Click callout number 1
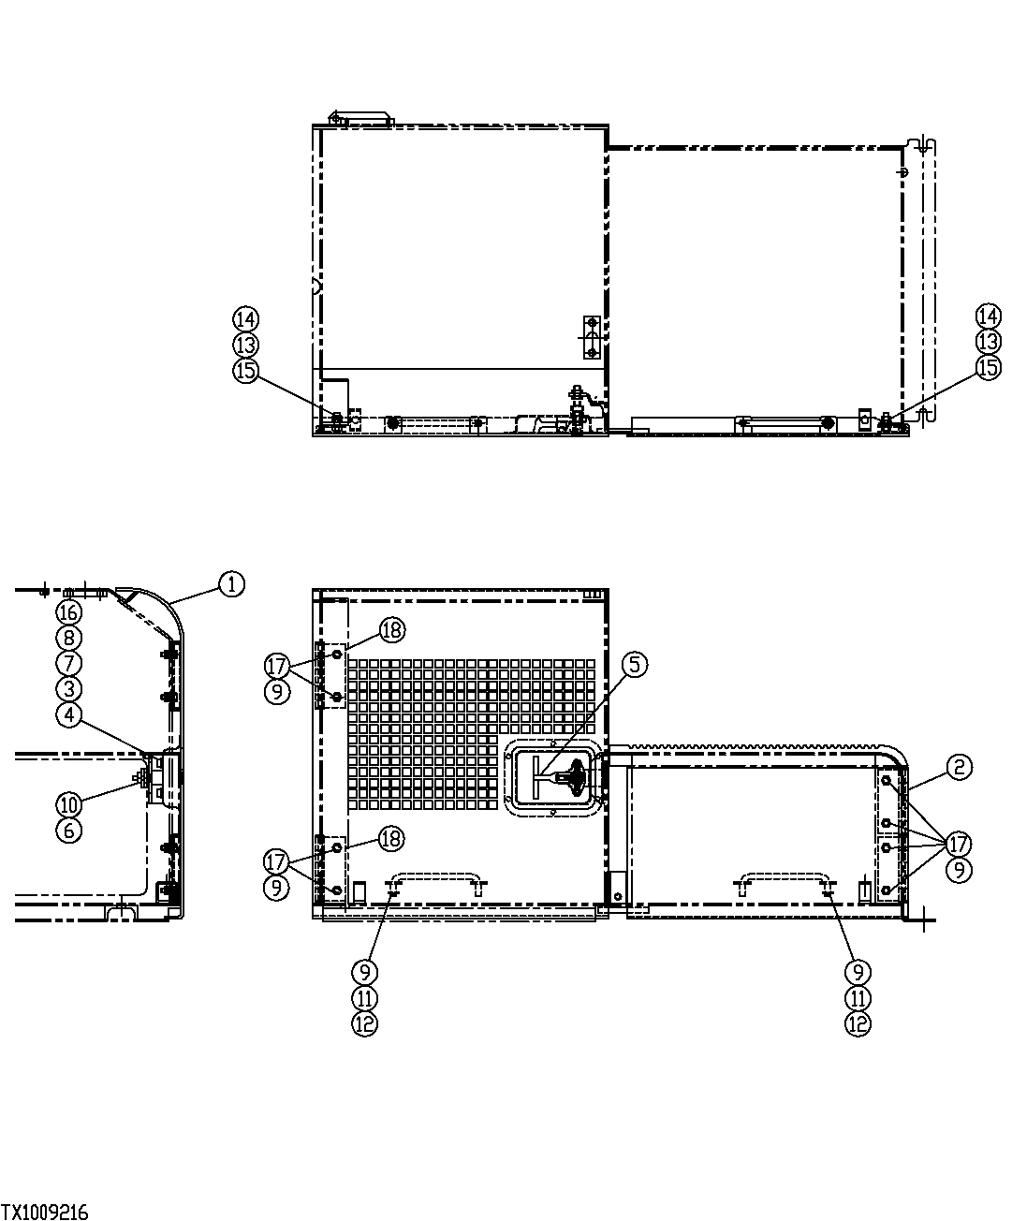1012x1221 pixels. (231, 584)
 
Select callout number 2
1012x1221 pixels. (959, 767)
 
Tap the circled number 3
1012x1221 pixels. (69, 688)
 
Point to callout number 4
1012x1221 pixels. (69, 713)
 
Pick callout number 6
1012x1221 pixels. (69, 830)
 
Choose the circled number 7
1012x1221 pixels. (69, 663)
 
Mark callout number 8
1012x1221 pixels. (69, 638)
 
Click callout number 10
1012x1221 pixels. (69, 804)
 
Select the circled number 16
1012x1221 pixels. (69, 612)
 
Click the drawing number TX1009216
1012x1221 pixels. (45, 1213)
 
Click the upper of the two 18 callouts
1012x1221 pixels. (391, 629)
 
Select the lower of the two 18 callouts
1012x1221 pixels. (391, 838)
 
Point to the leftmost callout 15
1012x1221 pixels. (245, 370)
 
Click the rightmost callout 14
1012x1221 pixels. (989, 316)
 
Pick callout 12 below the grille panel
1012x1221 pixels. (365, 1023)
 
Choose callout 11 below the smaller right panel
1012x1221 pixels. (858, 998)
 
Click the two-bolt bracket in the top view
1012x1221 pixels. (591, 337)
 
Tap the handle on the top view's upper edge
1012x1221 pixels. (360, 118)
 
